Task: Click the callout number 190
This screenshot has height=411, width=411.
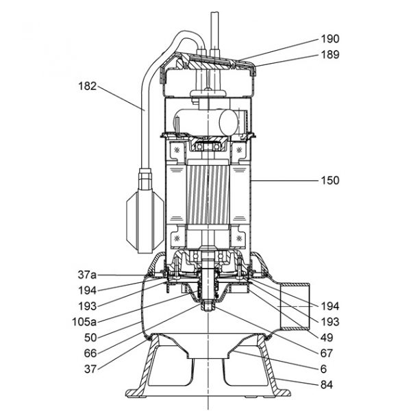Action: coord(330,39)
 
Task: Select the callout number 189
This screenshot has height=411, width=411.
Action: coord(330,55)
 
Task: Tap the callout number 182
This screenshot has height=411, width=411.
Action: coord(88,86)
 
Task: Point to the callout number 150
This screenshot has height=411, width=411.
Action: coord(330,180)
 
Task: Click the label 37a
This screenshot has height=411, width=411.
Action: coord(87,275)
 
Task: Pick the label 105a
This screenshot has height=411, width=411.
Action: coord(84,322)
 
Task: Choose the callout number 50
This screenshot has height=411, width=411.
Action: coord(90,338)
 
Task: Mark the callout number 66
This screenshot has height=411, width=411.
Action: coord(90,353)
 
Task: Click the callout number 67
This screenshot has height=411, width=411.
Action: coord(327,353)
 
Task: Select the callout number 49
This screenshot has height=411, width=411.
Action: coord(327,338)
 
